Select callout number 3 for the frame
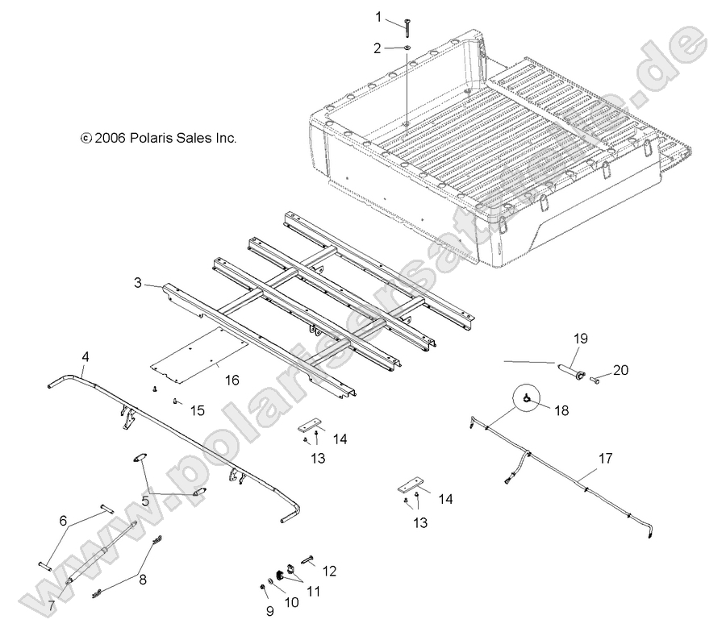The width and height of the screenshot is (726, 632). click(139, 283)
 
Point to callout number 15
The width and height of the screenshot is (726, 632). click(197, 410)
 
